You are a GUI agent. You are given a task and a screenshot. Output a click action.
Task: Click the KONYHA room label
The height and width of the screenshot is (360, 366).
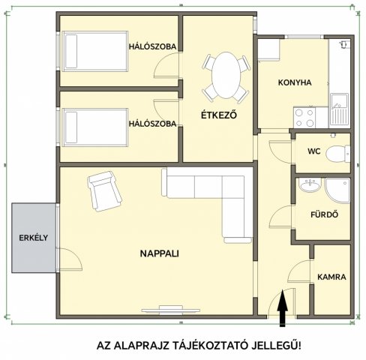(295, 82)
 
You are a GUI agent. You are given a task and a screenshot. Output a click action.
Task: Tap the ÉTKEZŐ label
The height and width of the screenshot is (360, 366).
(219, 115)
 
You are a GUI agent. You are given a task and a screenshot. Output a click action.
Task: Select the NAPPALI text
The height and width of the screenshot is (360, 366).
(160, 253)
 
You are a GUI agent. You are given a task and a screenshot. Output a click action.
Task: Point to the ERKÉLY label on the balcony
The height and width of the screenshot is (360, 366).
(34, 238)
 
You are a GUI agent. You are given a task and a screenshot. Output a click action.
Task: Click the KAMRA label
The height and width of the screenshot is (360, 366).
(331, 277)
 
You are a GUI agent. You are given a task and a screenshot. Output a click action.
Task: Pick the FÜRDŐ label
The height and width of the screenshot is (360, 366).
(325, 214)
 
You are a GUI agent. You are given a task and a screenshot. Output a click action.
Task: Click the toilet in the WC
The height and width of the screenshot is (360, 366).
(337, 154)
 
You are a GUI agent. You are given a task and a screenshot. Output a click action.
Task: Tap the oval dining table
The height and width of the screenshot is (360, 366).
(226, 75)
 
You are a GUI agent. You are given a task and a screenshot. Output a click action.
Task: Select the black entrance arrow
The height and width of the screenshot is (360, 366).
(282, 308)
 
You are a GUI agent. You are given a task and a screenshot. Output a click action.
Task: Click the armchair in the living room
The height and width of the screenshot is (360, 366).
(104, 191)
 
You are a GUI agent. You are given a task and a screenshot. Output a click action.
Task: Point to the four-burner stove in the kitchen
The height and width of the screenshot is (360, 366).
(304, 118)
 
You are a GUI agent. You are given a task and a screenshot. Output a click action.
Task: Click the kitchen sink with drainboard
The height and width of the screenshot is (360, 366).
(339, 109)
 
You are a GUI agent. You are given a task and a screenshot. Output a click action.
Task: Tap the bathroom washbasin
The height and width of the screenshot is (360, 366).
(310, 185)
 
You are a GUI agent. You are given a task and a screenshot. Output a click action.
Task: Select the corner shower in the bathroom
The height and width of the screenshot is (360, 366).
(337, 190)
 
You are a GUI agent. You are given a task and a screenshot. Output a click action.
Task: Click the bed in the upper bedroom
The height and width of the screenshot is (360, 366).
(95, 51)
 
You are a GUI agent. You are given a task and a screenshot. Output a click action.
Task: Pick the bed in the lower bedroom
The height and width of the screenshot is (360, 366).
(95, 127)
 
